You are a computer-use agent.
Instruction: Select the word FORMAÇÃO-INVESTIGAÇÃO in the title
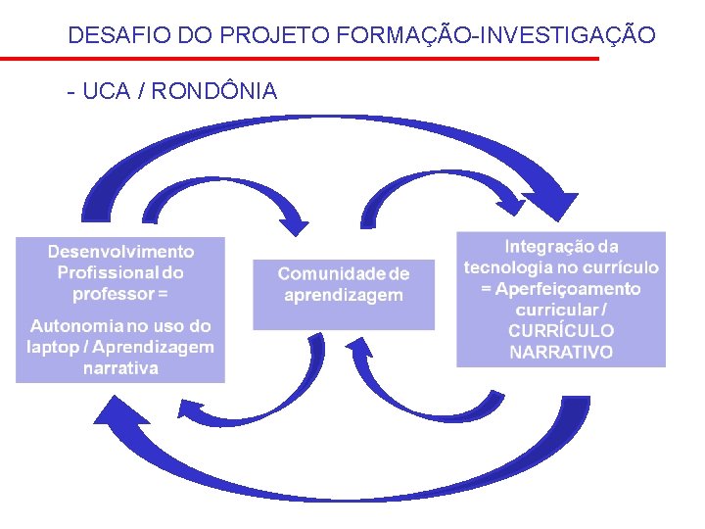[495, 36]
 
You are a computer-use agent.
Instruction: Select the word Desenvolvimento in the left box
[120, 252]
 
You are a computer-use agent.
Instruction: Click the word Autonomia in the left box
[77, 325]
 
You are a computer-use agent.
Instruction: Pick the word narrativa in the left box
[120, 368]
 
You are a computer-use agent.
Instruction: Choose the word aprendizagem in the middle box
[343, 295]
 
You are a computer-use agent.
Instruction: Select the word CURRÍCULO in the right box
[561, 331]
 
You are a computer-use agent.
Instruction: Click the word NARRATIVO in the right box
[561, 352]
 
